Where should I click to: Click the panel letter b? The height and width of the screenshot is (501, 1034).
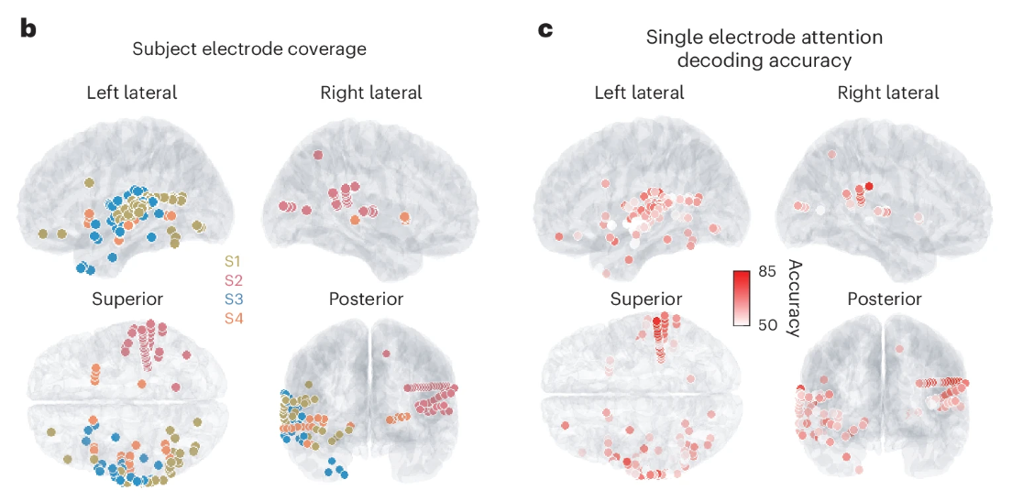pos(28,29)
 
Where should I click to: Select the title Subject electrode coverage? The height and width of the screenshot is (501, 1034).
pos(249,49)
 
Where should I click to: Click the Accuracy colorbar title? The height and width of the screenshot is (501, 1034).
pos(793,298)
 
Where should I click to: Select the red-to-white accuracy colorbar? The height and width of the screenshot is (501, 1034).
pos(743,297)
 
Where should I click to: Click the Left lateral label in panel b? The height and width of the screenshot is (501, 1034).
pos(133,93)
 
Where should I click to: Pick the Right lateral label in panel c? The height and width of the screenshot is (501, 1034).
pos(888,93)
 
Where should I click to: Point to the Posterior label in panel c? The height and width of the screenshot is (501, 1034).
pos(885,300)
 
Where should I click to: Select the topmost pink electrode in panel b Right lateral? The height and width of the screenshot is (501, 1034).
pos(318,156)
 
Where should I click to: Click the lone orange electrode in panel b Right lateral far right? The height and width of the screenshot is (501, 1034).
pos(404,215)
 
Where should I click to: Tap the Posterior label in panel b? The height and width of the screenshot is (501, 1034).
pos(367,300)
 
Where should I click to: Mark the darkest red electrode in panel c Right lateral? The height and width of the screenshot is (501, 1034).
pos(868,186)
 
